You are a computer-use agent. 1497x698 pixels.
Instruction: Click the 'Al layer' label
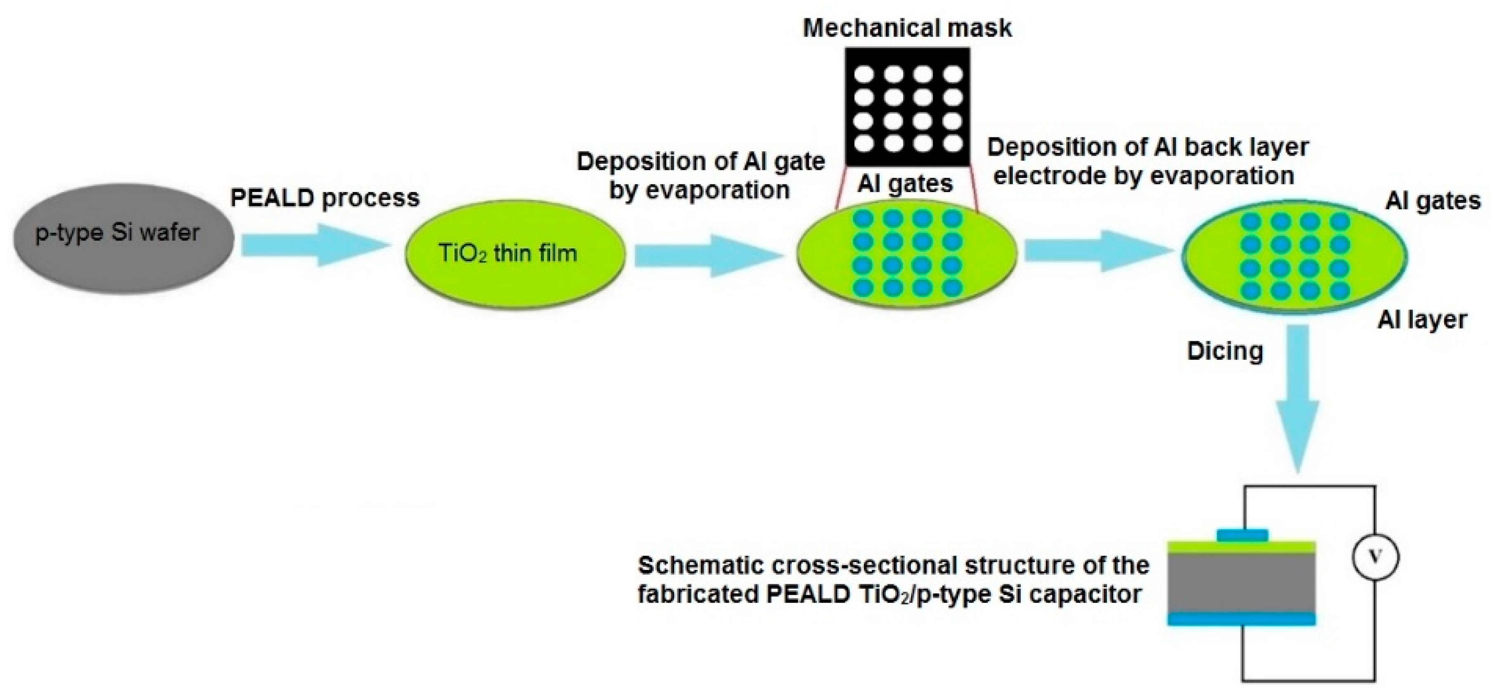pos(1422,320)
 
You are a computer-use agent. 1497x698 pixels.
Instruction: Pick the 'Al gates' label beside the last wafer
pos(1433,201)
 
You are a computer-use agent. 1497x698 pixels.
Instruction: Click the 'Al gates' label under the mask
pos(905,184)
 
